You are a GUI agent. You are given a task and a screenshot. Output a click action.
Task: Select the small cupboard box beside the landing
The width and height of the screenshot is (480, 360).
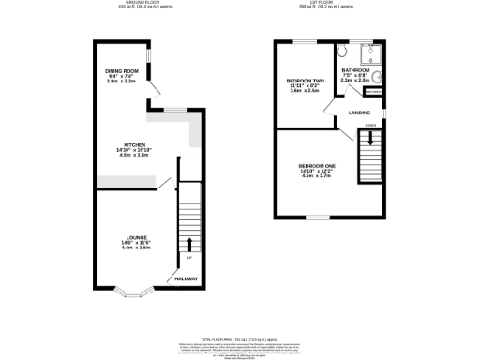pyautogui.click(x=372, y=92)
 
